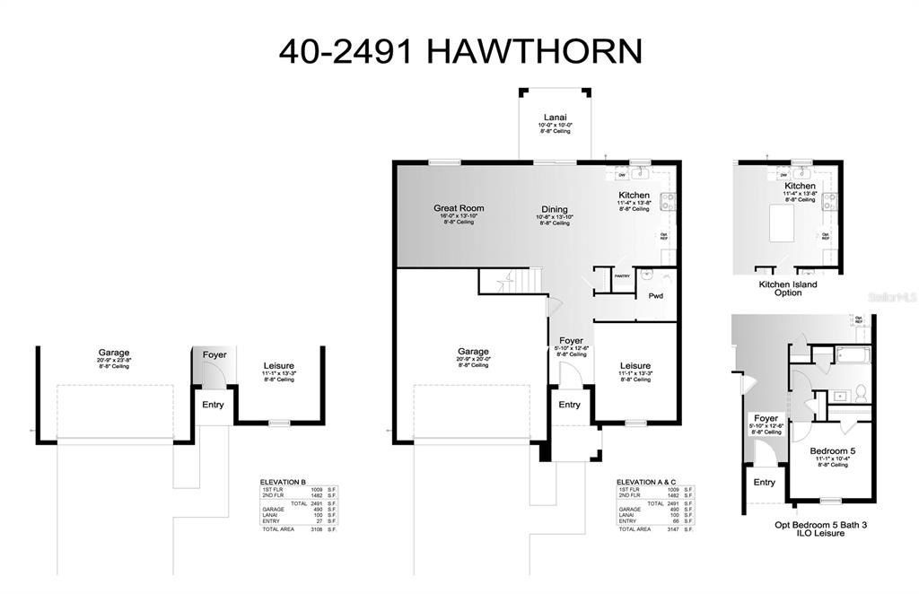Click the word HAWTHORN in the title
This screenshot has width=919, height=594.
point(534,50)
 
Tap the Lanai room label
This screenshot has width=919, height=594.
point(553,117)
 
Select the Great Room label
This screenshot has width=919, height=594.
point(459,208)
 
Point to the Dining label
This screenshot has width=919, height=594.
point(554,208)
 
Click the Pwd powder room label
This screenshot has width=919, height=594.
point(655,294)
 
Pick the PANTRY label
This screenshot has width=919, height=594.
point(622,276)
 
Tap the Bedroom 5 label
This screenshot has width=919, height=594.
point(832,450)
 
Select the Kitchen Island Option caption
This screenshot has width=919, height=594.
point(787,288)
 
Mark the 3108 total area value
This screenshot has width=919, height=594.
point(315,529)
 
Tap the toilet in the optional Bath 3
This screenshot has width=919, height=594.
point(859,392)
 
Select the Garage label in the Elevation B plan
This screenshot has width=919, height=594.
point(114,353)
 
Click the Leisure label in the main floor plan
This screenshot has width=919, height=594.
point(635,365)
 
